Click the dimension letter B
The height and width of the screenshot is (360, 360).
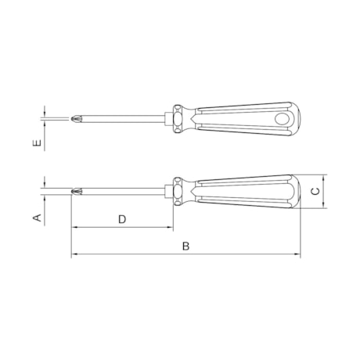point(185,246)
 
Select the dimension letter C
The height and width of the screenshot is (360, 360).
point(315,191)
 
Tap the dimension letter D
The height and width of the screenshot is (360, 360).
point(122,219)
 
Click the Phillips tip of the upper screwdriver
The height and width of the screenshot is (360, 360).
point(75,118)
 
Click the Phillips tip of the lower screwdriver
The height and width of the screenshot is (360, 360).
point(76,191)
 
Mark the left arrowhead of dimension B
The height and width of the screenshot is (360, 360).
point(74,254)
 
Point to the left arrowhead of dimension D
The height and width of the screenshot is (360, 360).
point(74,228)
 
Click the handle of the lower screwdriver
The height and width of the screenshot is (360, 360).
point(243,191)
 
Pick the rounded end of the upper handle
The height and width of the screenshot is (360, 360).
point(295,118)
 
